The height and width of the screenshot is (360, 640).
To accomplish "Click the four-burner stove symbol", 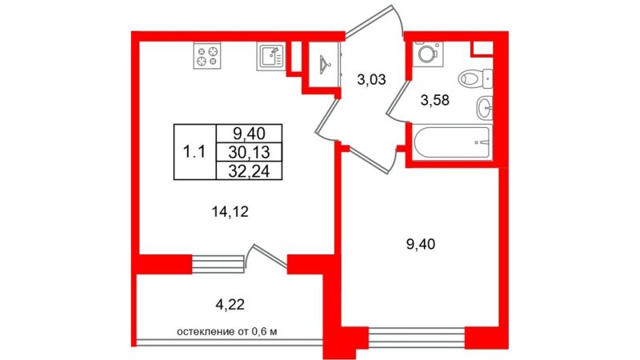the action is coord(207,55).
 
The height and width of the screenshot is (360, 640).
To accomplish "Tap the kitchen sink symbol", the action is coord(271,55).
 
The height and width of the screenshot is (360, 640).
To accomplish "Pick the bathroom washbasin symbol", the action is coord(484,108).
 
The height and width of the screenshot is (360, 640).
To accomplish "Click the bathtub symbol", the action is coord(452,142).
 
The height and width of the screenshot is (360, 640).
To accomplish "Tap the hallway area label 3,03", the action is coord(371,79).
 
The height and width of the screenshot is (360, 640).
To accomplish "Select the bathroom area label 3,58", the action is coord(434,100).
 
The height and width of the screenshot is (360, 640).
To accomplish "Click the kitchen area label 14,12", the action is coord(230,211).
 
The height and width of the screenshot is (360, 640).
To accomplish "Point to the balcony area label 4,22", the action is coord(230,304).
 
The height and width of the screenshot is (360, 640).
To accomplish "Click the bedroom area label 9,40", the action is coord(421,244).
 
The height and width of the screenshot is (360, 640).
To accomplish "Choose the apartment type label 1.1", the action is coord(194,152).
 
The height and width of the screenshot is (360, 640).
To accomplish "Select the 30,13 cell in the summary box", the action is coord(249,152).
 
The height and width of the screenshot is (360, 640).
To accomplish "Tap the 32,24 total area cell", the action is coord(249,171).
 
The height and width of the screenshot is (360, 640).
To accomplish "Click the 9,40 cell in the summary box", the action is coord(249,133).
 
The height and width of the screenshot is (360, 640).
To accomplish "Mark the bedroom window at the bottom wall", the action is coord(417,337).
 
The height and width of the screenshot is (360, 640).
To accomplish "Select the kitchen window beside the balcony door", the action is coord(218,264).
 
